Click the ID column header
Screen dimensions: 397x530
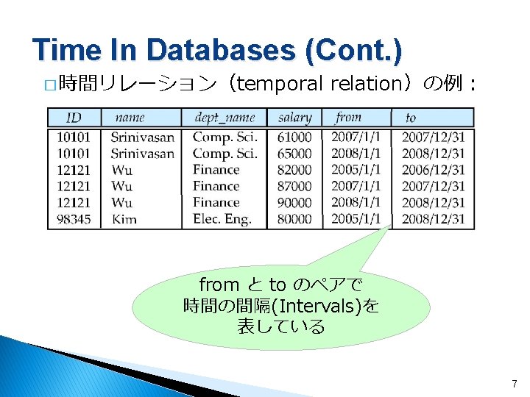pos(74,118)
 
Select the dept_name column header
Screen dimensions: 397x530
pos(225,118)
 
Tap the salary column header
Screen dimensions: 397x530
pos(294,118)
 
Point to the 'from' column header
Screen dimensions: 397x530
pos(348,118)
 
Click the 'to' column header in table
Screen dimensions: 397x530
pos(411,118)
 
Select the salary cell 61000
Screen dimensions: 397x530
pos(294,137)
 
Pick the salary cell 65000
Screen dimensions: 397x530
pos(294,154)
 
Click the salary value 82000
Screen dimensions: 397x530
pos(294,170)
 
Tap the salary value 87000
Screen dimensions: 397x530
pos(294,186)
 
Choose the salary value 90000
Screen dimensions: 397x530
pos(294,202)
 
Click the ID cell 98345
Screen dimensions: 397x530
pos(73,218)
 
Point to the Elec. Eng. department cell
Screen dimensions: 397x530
pos(222,218)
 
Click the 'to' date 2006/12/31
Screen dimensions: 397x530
pos(434,170)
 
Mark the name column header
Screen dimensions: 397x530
pos(130,118)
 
